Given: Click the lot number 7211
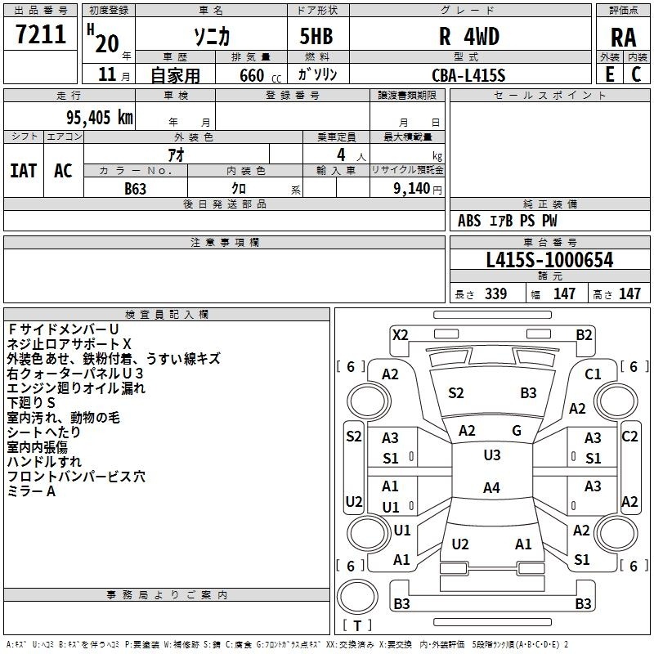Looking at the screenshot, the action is click(41, 34).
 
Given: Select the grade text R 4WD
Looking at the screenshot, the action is click(469, 36).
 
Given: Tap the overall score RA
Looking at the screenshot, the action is click(623, 38).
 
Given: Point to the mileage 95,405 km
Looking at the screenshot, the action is click(100, 118).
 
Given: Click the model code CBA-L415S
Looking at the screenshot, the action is click(468, 75).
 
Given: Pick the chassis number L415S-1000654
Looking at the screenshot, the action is click(549, 260).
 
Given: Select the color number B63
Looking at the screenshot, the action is click(135, 189).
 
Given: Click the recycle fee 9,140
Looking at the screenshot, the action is click(412, 189).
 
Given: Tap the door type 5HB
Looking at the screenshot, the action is click(316, 36).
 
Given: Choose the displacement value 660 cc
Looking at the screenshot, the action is click(261, 76).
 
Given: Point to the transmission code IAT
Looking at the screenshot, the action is click(24, 171).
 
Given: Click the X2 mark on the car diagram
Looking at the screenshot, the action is click(400, 335).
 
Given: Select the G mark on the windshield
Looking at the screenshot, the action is click(517, 431).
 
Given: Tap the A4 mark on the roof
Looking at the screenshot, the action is click(491, 487).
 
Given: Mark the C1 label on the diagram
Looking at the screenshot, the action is click(593, 374).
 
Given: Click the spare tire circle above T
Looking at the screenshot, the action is click(357, 597).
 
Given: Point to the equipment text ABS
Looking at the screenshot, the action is click(469, 221).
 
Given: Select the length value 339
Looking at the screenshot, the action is click(495, 293).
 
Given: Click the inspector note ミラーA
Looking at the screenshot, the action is click(31, 491).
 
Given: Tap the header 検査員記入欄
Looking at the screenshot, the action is click(167, 315).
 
